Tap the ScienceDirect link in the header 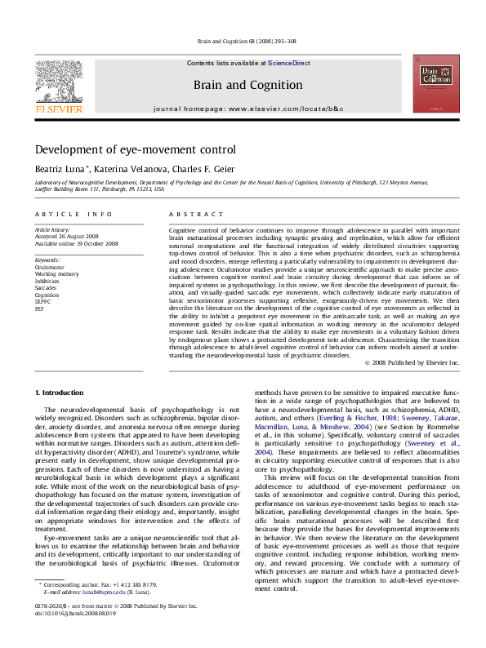[288, 63]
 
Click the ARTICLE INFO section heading [74, 214]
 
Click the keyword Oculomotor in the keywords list [49, 267]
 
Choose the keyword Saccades [46, 286]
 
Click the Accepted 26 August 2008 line [68, 237]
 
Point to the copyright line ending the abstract [412, 362]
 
